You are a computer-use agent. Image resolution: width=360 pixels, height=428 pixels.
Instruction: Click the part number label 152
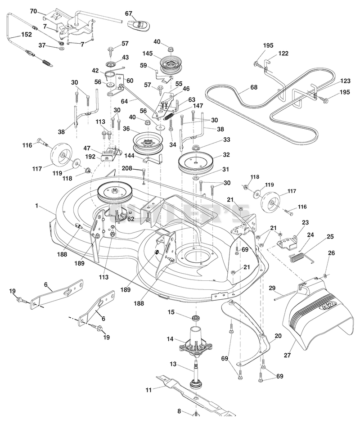coord(27,35)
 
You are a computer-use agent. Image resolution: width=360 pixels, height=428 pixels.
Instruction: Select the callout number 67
coord(129,14)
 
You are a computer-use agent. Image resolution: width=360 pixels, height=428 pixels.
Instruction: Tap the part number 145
coord(148,54)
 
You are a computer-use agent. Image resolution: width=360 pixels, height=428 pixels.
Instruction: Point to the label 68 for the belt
coord(254,87)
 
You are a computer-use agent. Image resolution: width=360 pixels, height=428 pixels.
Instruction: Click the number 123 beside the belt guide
coord(345,81)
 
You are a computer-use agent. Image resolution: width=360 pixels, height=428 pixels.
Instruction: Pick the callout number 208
coord(127,168)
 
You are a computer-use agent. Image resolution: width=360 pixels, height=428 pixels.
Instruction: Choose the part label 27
coord(288,355)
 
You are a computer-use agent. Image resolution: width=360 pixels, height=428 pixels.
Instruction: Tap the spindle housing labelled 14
coord(196,342)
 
